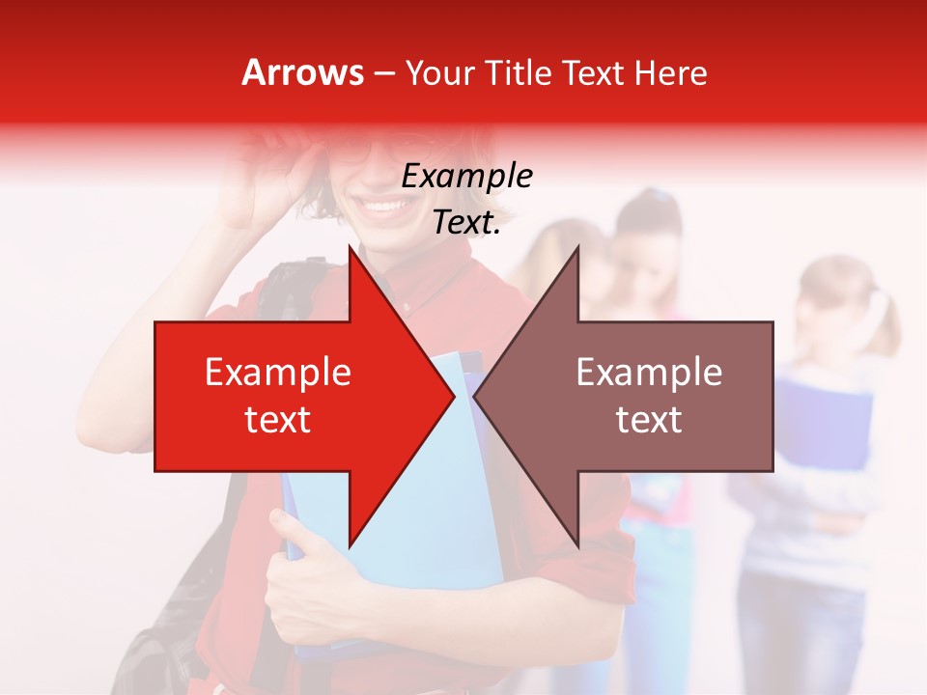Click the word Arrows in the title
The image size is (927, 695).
coord(303,72)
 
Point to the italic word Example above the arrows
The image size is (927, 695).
coord(466,176)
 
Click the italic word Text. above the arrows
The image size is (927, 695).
coord(466,222)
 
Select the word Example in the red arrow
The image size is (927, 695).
coord(278,373)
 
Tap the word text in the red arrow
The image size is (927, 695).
coord(278,419)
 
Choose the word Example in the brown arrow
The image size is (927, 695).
coord(649,373)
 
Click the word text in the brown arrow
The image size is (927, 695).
coord(649,419)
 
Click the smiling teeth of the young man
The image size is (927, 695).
coord(384,206)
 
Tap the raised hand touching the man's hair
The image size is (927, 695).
coord(266,169)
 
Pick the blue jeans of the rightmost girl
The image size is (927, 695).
coord(801,627)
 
